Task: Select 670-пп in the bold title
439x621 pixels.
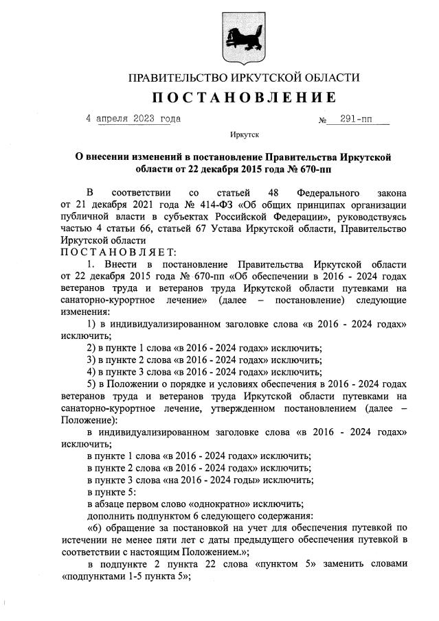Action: click(x=320, y=167)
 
